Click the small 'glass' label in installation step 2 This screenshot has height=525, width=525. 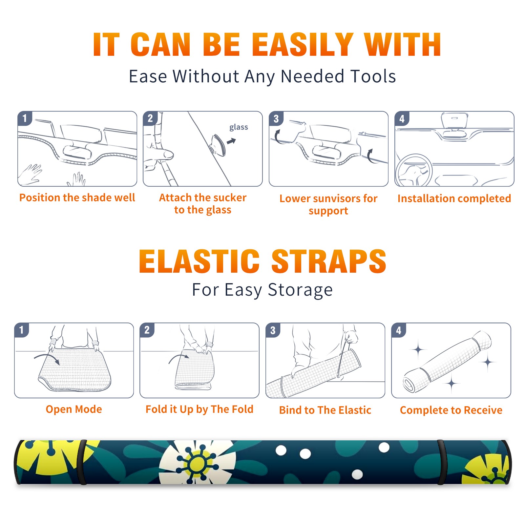click(239, 127)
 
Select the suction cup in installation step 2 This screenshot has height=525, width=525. click(218, 144)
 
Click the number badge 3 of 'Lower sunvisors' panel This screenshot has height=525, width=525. click(276, 118)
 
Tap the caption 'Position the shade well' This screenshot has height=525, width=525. click(77, 198)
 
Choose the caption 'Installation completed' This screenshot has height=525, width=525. click(454, 199)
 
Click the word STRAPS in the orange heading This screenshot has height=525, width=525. click(329, 261)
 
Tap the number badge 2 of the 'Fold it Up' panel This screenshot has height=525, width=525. click(147, 330)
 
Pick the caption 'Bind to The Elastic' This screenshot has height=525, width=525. click(325, 410)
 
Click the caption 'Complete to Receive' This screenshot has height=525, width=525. click(451, 410)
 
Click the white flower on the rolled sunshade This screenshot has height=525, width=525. click(197, 462)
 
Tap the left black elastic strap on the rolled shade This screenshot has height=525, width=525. click(82, 462)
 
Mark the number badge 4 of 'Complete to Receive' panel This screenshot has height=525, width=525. click(398, 330)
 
